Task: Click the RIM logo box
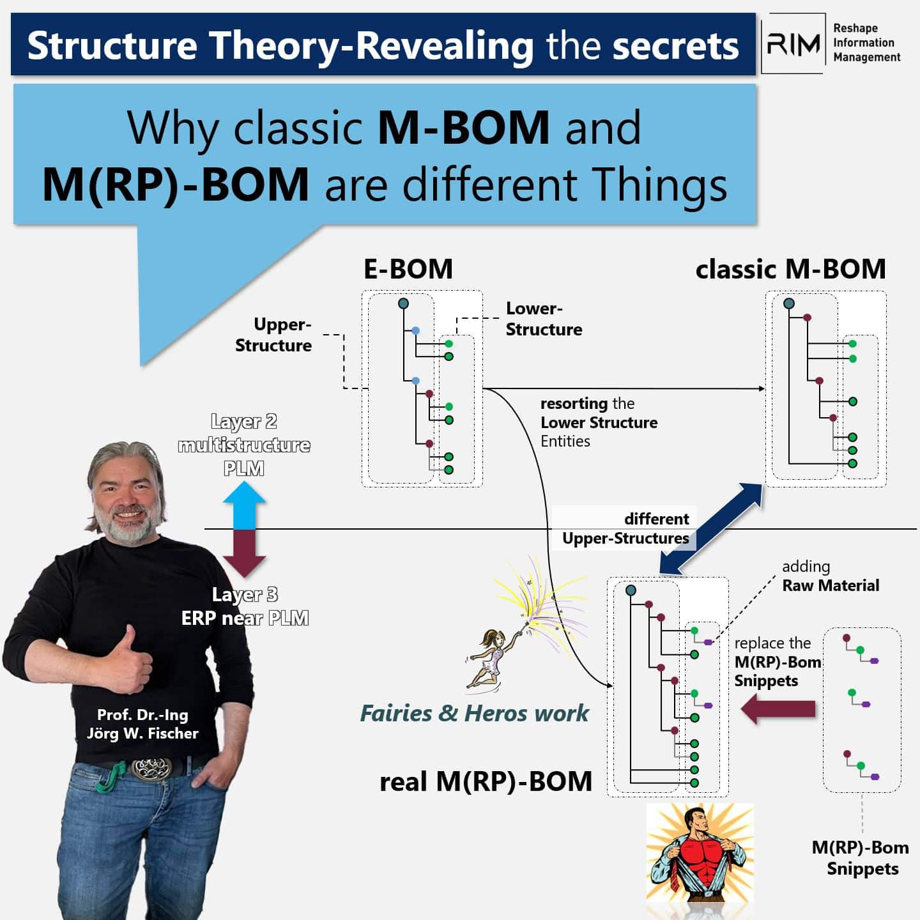click(x=792, y=43)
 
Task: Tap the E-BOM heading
click(x=408, y=269)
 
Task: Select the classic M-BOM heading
click(x=790, y=269)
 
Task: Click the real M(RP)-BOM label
click(x=486, y=781)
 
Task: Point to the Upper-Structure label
click(x=273, y=335)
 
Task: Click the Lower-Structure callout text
click(x=544, y=319)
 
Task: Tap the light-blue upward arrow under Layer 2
click(x=244, y=505)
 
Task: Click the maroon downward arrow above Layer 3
click(x=244, y=553)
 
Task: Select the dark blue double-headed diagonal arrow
click(x=711, y=528)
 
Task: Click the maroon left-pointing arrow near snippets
click(x=778, y=709)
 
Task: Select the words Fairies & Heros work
click(x=475, y=714)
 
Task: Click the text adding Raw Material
click(x=831, y=576)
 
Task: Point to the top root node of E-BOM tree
click(x=403, y=303)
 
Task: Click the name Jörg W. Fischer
click(x=142, y=733)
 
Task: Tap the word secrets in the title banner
click(x=675, y=46)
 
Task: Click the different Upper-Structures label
click(x=626, y=528)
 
